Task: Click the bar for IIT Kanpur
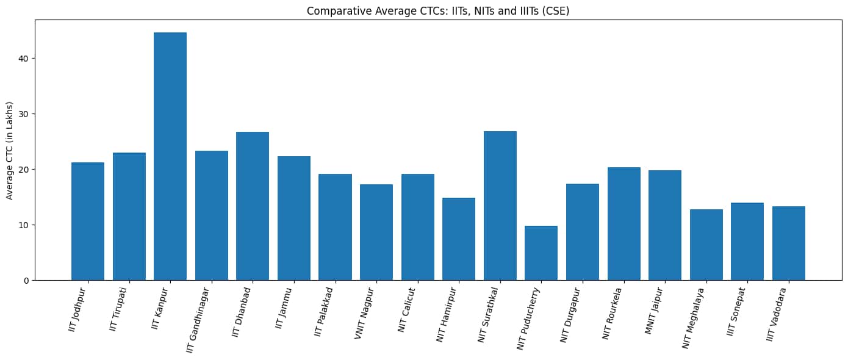click(x=170, y=156)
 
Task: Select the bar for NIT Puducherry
click(x=541, y=253)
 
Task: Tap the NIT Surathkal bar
click(x=500, y=206)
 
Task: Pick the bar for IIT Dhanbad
click(x=253, y=206)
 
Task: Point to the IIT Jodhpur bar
click(x=88, y=221)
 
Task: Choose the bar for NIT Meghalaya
click(x=706, y=245)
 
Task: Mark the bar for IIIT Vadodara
click(x=788, y=243)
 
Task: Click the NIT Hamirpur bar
click(x=459, y=239)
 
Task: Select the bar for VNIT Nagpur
click(x=376, y=232)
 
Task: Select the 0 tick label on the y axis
click(x=26, y=281)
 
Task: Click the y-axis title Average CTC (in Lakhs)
click(x=10, y=150)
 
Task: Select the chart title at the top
click(x=438, y=11)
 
